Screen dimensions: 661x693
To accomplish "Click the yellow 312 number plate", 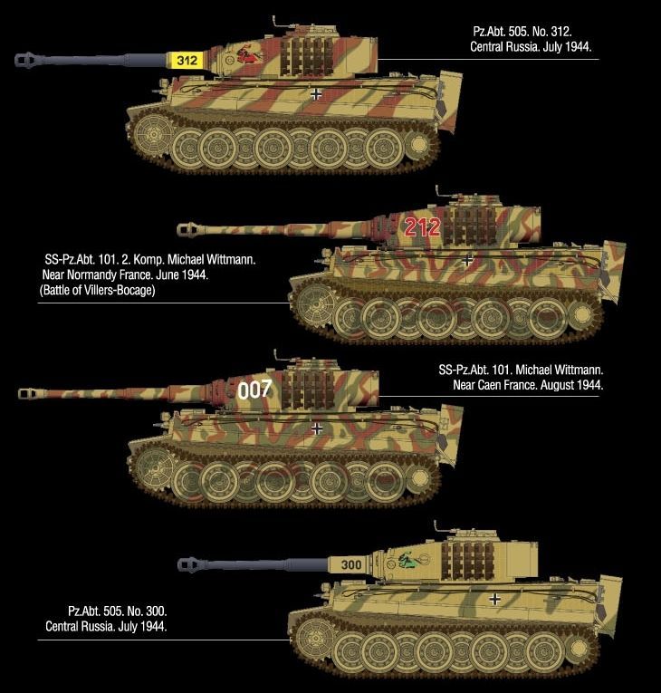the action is click(x=187, y=60).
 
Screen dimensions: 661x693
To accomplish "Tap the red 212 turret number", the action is click(x=422, y=227).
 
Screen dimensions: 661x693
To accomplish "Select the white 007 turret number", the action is click(x=254, y=390).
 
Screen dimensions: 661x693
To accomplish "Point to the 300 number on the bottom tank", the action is click(x=351, y=564).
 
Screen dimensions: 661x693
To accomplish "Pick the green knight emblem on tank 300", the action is click(x=409, y=561).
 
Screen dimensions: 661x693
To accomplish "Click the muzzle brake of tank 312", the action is click(x=26, y=60).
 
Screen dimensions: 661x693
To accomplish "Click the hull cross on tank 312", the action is click(x=316, y=93).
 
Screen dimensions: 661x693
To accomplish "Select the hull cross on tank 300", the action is click(x=495, y=599).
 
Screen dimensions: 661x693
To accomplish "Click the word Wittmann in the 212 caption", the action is click(x=230, y=259).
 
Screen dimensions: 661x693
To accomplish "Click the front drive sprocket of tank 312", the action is click(x=152, y=133).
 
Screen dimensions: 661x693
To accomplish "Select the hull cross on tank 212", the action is click(x=467, y=260).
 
